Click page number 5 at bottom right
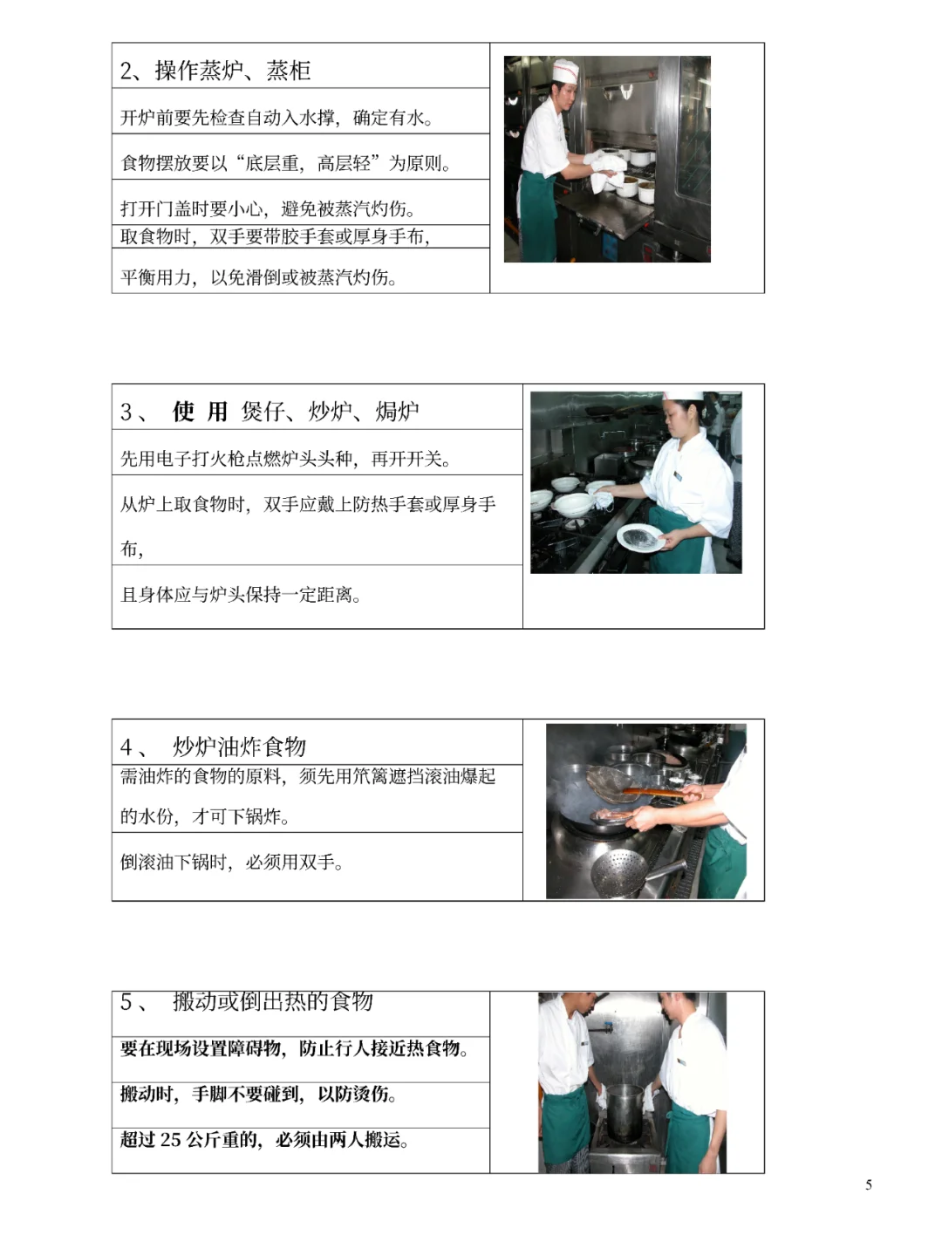coord(868,1184)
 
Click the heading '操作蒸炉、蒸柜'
coord(233,71)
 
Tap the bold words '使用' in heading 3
coord(200,412)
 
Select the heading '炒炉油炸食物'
coord(239,747)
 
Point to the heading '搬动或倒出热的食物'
coord(272,1001)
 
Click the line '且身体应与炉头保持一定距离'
coord(241,595)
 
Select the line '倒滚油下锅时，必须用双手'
coord(232,863)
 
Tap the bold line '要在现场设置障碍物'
coord(294,1048)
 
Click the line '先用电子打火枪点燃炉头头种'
coord(285,459)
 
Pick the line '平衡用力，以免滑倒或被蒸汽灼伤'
coord(259,277)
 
